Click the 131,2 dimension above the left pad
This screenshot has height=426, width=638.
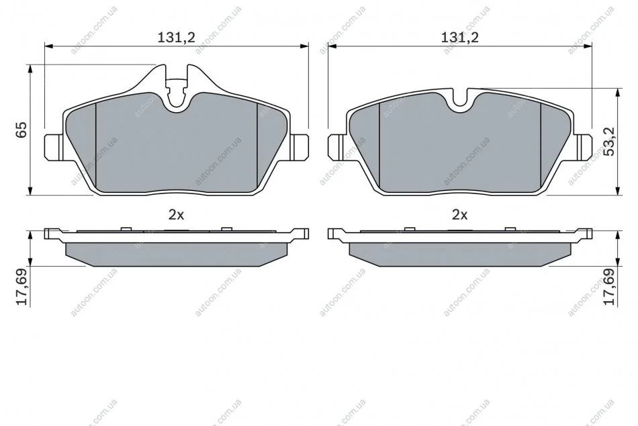click(x=176, y=38)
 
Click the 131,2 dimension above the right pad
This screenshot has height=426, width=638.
click(x=460, y=38)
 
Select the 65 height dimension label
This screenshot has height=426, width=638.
click(x=21, y=130)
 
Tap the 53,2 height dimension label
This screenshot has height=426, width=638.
click(x=610, y=141)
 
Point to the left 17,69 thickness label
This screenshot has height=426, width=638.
click(x=21, y=287)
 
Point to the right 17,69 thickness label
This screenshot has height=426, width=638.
click(x=610, y=287)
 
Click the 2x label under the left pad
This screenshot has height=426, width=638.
click(x=176, y=214)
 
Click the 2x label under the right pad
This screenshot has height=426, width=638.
click(x=460, y=214)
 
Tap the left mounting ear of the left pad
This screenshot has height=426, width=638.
click(x=52, y=146)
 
